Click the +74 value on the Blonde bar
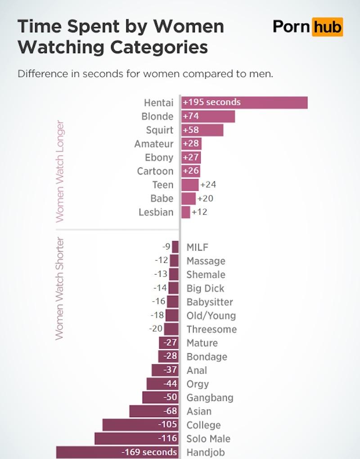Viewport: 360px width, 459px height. (191, 117)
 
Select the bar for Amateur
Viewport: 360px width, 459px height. (192, 144)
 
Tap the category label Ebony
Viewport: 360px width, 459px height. (159, 157)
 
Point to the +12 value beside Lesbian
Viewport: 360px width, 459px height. (199, 212)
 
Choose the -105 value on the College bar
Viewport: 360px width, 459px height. (167, 425)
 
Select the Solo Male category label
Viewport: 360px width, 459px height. (208, 439)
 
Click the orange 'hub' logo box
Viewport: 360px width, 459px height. (328, 27)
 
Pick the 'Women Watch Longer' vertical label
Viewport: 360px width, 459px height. (59, 171)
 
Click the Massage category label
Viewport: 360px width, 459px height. (206, 261)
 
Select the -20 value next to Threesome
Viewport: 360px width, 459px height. (156, 329)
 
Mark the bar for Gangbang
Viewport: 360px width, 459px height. (161, 398)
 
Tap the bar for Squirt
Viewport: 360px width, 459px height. (202, 130)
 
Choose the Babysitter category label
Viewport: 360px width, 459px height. (210, 302)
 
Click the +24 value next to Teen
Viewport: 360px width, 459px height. (208, 184)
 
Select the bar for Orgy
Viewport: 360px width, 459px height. (163, 384)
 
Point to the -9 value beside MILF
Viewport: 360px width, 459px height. (166, 247)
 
